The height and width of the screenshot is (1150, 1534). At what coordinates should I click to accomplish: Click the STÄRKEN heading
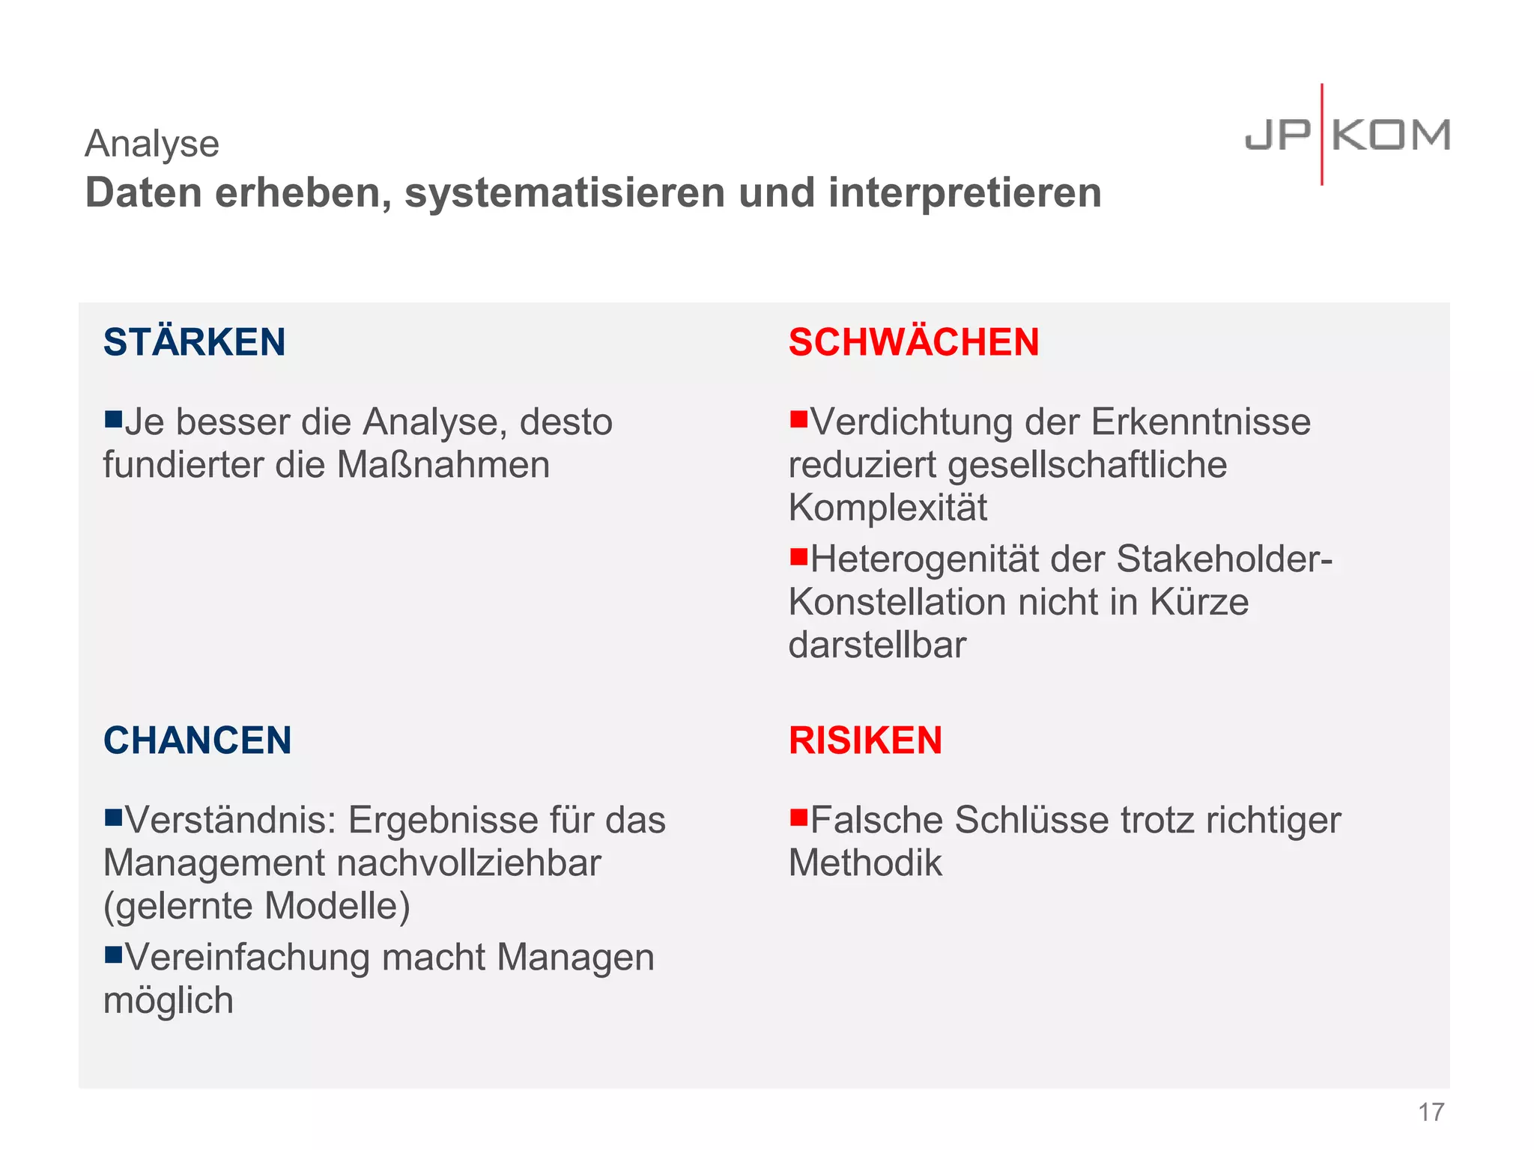pos(195,342)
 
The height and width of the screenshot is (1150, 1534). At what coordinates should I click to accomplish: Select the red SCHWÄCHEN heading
pos(914,342)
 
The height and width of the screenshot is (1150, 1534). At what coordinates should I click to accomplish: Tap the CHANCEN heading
pos(197,740)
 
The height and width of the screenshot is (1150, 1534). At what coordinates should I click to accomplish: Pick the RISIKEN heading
pos(865,740)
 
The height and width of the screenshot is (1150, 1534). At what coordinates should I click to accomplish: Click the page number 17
pos(1431,1113)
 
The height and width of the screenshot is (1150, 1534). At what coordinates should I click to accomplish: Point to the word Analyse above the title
pos(152,143)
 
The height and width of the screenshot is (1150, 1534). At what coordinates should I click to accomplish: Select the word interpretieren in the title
pos(965,193)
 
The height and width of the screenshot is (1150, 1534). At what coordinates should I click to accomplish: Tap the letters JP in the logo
pos(1278,136)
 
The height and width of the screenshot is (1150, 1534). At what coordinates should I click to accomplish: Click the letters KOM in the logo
pos(1391,136)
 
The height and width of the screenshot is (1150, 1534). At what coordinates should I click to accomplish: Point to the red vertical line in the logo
pos(1322,135)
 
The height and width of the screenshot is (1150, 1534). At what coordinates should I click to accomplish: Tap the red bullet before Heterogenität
pos(798,556)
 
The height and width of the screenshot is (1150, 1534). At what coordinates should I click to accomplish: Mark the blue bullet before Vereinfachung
pos(113,954)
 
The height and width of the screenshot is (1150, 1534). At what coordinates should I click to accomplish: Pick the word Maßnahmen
pos(443,465)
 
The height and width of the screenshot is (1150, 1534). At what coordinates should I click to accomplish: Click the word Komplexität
pos(888,508)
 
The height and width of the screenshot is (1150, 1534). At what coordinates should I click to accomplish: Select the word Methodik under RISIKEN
pos(865,863)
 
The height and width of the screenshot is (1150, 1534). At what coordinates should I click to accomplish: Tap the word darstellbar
pos(877,645)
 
